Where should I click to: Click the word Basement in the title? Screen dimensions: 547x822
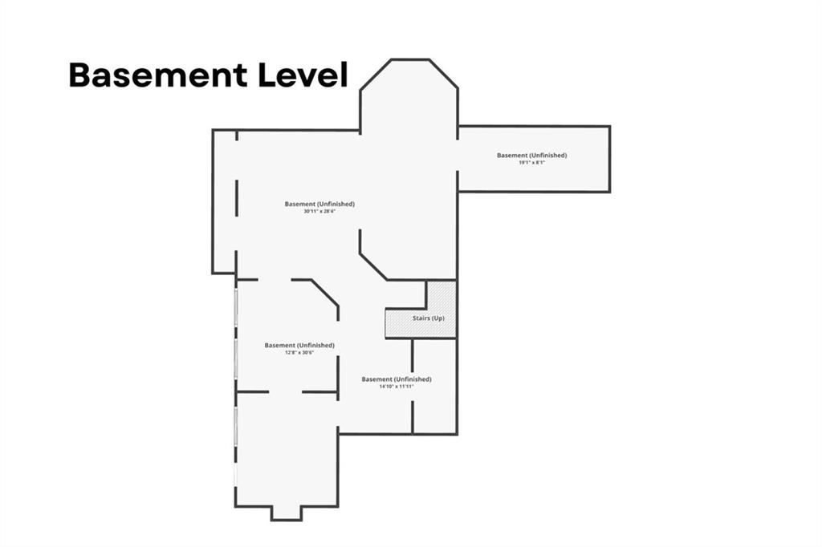(157, 75)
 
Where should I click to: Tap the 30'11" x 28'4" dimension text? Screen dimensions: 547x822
(319, 212)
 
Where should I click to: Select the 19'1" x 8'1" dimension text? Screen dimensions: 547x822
(531, 163)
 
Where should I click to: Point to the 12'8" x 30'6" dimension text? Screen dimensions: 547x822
(299, 353)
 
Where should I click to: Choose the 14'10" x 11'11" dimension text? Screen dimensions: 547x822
(397, 387)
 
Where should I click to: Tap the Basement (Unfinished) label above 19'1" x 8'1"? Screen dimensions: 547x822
(531, 155)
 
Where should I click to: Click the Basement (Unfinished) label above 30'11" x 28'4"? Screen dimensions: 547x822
(319, 204)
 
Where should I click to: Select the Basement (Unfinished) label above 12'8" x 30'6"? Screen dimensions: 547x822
(299, 345)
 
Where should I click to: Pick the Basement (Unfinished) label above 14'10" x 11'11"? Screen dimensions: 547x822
(397, 379)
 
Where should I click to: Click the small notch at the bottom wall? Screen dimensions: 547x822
(287, 513)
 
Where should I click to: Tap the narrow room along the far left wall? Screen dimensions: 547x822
(224, 201)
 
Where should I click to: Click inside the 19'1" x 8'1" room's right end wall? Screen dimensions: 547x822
(609, 159)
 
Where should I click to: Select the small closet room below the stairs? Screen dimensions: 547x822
(434, 386)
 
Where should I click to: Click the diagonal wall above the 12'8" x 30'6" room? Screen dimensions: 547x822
(325, 292)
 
